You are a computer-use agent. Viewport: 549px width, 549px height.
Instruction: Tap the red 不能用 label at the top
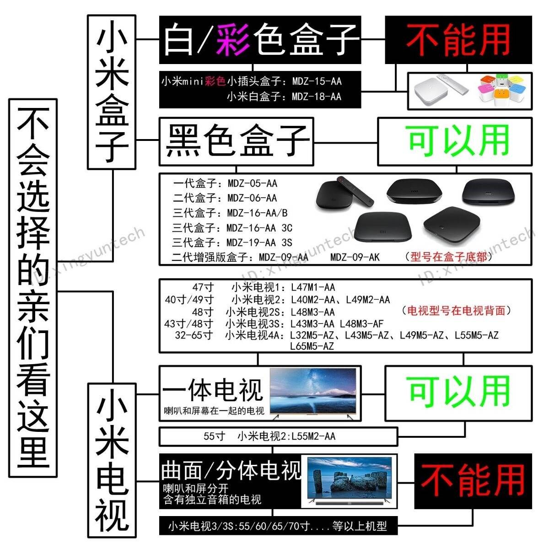point(458,40)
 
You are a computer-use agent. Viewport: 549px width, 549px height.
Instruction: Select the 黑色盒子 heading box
point(237,141)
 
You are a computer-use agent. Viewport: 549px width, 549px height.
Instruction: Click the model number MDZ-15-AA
point(317,81)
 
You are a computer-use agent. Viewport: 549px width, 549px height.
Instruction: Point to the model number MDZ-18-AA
point(317,97)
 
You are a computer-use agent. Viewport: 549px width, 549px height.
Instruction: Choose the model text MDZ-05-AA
point(253,183)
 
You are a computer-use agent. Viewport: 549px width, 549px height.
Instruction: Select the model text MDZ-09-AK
point(355,257)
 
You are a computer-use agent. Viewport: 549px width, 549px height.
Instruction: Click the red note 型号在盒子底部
point(449,257)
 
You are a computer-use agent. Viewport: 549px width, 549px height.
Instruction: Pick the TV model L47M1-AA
point(313,287)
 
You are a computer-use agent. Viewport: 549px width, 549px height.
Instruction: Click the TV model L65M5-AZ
point(312,346)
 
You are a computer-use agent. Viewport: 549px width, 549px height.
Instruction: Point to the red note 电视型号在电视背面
point(457,311)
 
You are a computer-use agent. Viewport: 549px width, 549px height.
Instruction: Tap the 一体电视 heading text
point(213,390)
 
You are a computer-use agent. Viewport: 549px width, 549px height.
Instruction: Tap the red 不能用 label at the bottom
point(473,481)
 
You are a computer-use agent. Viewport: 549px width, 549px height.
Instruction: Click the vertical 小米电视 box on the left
point(112,460)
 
